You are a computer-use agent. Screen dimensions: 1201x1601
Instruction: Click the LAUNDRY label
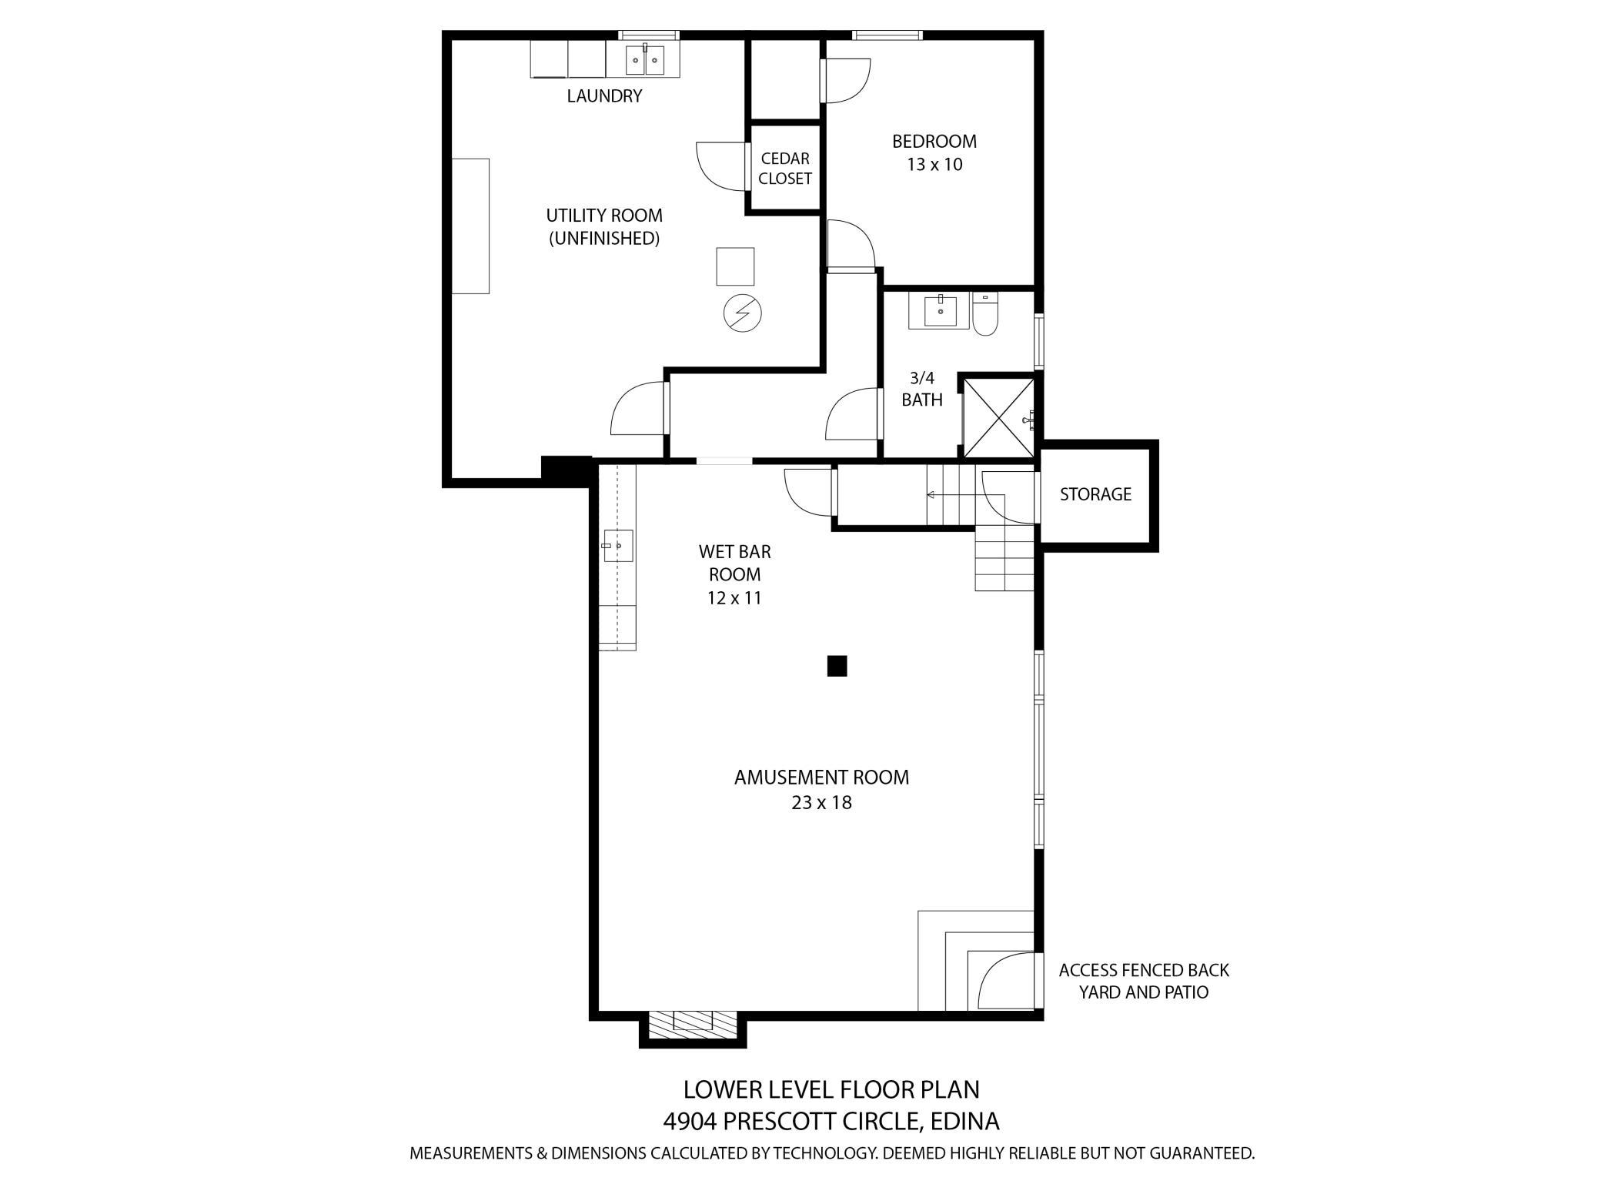[x=604, y=96]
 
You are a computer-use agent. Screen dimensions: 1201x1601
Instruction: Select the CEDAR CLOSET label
[x=784, y=169]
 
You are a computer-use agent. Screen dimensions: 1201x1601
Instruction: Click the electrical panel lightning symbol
[x=742, y=313]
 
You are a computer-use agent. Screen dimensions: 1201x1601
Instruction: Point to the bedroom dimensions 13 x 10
[x=934, y=165]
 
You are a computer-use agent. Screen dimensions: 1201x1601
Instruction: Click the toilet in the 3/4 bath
[x=984, y=316]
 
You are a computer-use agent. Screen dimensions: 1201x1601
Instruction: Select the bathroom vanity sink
[x=940, y=311]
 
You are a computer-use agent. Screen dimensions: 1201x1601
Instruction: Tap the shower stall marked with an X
[x=998, y=417]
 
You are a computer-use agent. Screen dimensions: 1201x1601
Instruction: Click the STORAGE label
[x=1095, y=494]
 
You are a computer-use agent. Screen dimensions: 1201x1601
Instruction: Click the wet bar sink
[x=617, y=545]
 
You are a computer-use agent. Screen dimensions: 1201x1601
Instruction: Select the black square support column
[x=837, y=666]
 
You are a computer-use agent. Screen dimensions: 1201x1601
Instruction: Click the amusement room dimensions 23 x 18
[x=821, y=803]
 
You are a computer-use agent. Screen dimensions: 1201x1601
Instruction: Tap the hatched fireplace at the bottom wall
[x=692, y=1022]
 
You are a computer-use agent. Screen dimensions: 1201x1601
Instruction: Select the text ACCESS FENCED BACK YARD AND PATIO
[x=1143, y=981]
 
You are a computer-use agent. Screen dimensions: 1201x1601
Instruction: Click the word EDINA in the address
[x=964, y=1122]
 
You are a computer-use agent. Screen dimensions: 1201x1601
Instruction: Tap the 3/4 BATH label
[x=921, y=389]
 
